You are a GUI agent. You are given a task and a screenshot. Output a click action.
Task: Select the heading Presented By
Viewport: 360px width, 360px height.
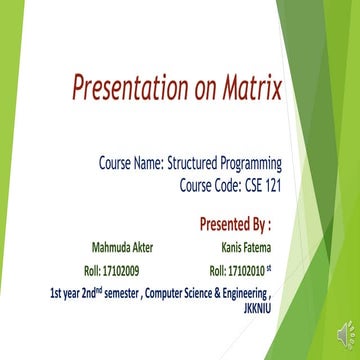pos(235,221)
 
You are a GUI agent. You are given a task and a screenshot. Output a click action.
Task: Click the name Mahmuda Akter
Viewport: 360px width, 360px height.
pos(107,247)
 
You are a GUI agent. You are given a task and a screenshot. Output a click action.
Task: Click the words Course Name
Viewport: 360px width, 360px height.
pos(130,160)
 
